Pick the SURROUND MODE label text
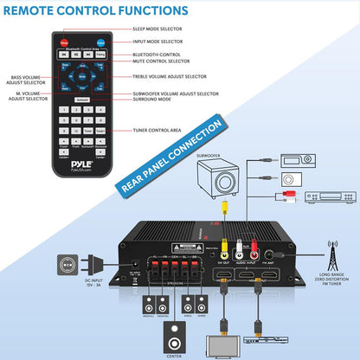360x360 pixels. click(153, 98)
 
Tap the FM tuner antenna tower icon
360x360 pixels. click(331, 255)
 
